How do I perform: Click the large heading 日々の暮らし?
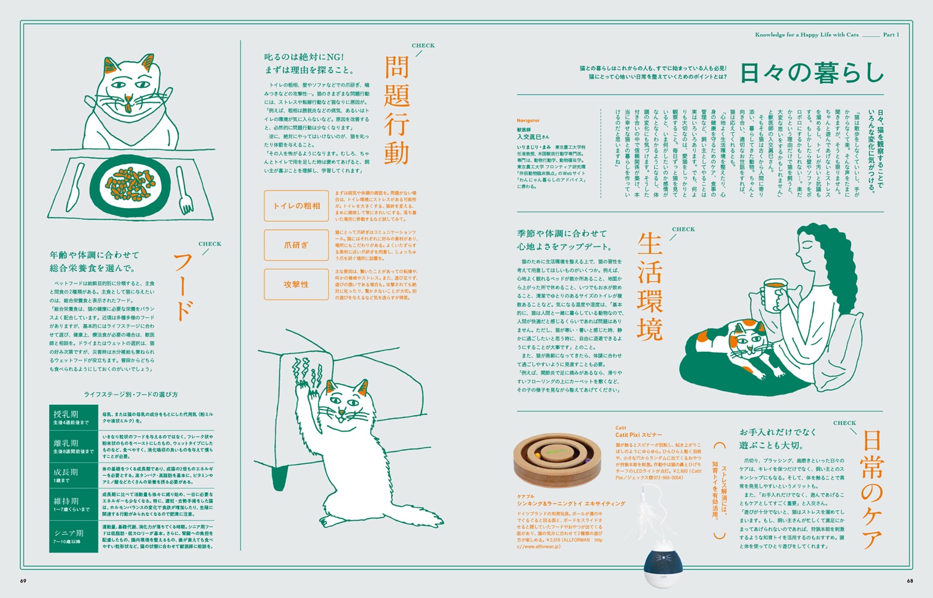[x=811, y=73]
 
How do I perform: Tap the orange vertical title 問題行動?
[x=396, y=111]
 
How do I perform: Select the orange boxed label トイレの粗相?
[x=296, y=206]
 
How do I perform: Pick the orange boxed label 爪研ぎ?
[x=296, y=245]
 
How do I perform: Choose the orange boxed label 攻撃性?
[x=296, y=285]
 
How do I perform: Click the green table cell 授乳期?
[x=73, y=417]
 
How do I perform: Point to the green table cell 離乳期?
[x=73, y=446]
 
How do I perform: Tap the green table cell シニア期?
[x=73, y=536]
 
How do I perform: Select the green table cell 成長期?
[x=73, y=475]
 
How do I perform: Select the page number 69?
[x=23, y=581]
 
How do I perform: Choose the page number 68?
[x=910, y=581]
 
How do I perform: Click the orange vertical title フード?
[x=182, y=287]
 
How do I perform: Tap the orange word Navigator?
[x=528, y=121]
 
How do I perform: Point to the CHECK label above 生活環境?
[x=683, y=229]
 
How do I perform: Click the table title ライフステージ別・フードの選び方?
[x=131, y=395]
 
